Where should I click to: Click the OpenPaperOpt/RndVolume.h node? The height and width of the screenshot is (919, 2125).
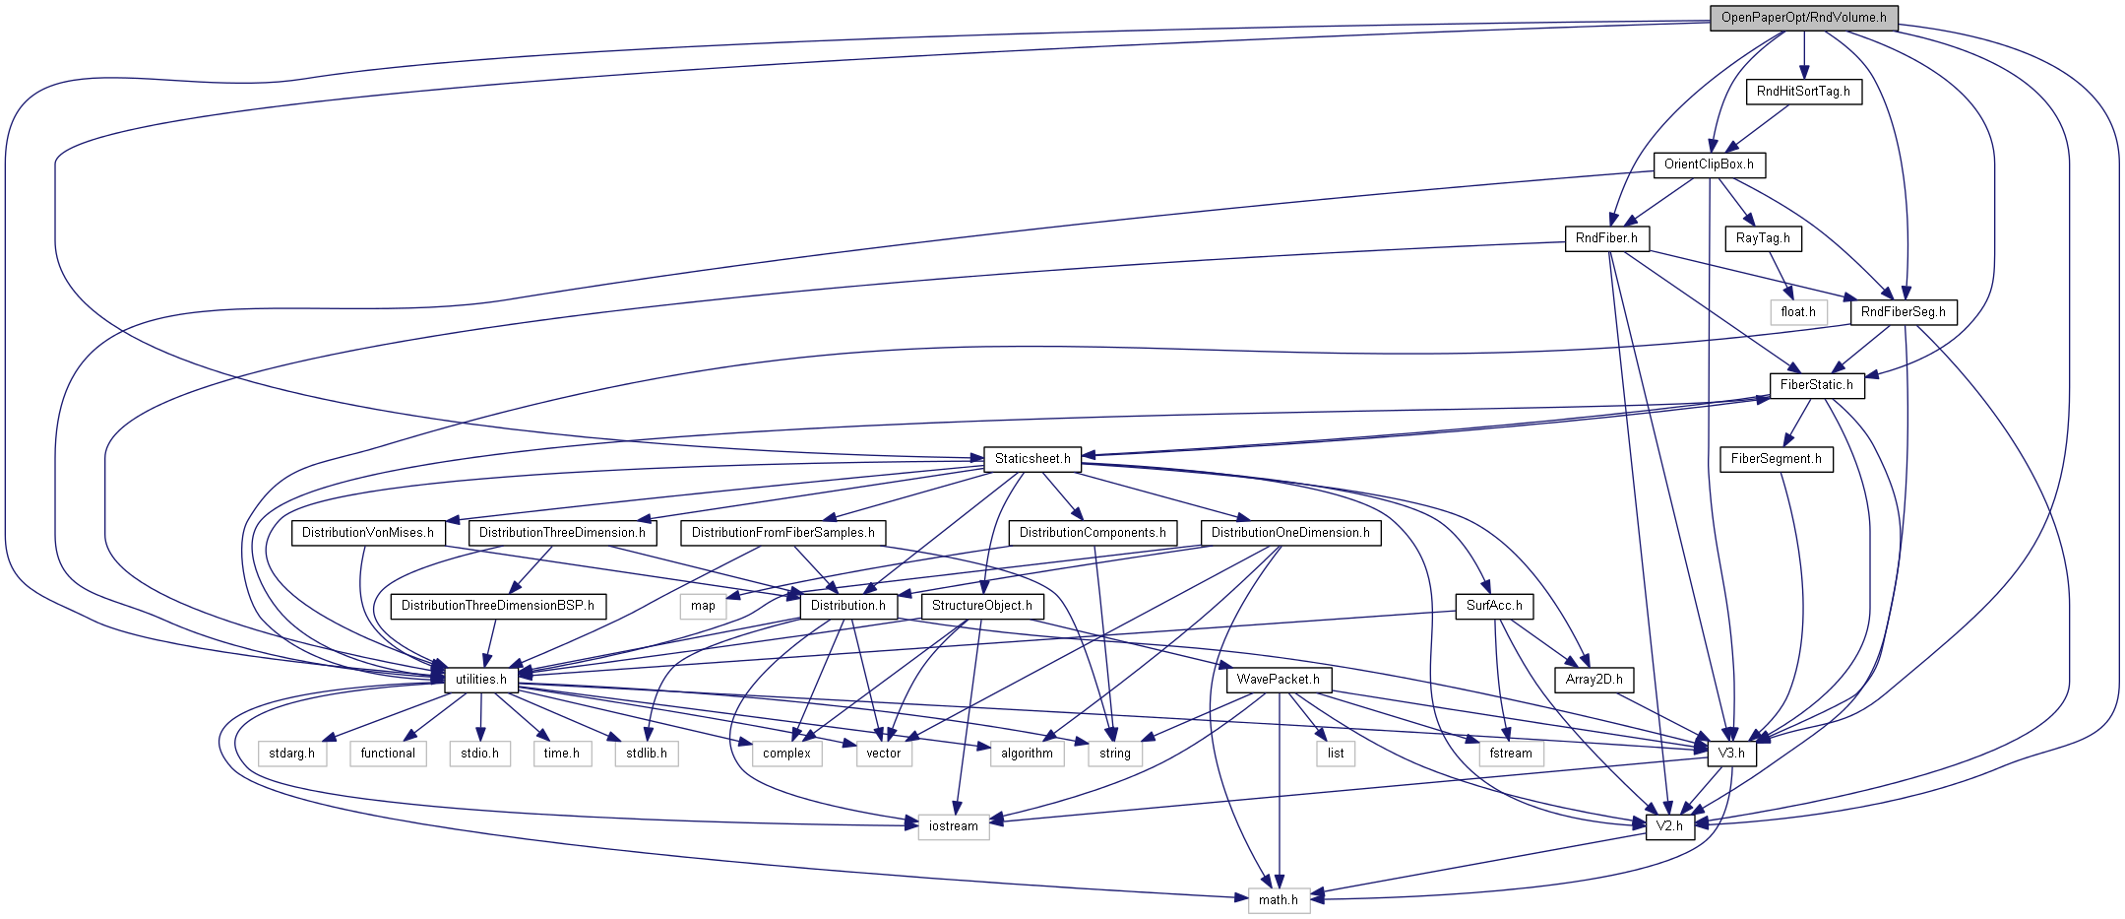click(1803, 18)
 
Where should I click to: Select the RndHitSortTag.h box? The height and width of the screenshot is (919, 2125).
click(1803, 92)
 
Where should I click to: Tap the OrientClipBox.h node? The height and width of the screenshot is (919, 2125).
click(1709, 164)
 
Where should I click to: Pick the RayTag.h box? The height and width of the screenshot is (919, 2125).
click(1763, 238)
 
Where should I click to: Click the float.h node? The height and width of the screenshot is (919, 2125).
click(1798, 312)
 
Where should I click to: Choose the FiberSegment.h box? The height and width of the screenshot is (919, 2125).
click(1776, 459)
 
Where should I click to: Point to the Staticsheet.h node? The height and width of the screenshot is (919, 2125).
click(1032, 459)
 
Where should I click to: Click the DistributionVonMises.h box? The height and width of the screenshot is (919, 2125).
click(368, 533)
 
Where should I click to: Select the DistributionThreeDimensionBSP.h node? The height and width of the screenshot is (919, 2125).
click(498, 606)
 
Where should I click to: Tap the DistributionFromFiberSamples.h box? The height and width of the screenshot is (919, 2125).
click(782, 533)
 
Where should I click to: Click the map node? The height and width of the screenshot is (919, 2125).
click(703, 606)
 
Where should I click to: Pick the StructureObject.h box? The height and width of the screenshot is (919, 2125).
click(981, 606)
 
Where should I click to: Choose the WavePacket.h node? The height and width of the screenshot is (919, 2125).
click(1279, 680)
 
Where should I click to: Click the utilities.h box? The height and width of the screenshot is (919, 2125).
click(481, 680)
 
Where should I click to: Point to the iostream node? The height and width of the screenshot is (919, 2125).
click(954, 826)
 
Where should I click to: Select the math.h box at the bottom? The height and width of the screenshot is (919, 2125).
click(1279, 900)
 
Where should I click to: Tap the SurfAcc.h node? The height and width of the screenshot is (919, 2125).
click(1494, 606)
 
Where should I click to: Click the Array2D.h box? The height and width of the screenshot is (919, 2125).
click(1594, 680)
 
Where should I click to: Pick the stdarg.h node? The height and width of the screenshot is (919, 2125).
click(291, 754)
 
